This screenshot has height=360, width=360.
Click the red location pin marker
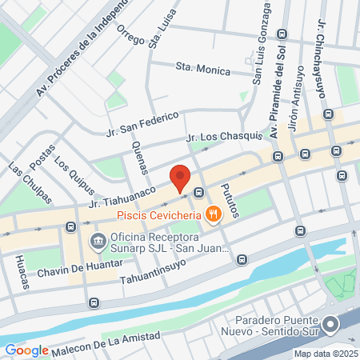click(x=181, y=178)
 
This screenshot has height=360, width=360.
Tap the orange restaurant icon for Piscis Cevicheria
click(x=212, y=214)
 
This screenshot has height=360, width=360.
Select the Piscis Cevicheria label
click(x=158, y=214)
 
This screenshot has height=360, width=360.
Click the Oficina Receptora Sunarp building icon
click(x=98, y=240)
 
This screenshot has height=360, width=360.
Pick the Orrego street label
click(x=130, y=35)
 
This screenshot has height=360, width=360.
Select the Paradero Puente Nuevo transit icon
click(x=331, y=324)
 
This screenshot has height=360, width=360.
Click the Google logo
click(x=27, y=350)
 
